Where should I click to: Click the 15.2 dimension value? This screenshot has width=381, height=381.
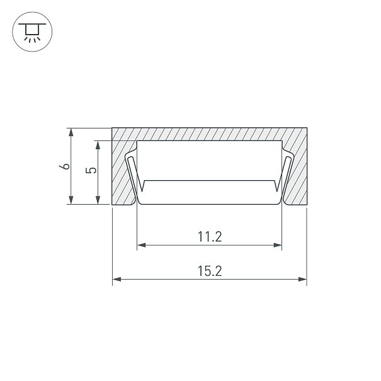click(210, 271)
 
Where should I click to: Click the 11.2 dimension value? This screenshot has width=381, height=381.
click(210, 237)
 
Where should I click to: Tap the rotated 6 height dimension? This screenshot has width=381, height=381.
click(65, 166)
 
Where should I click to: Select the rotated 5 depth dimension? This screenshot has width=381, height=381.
click(91, 170)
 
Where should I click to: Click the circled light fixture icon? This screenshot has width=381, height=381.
click(32, 31)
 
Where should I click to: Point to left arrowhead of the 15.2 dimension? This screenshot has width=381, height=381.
click(117, 279)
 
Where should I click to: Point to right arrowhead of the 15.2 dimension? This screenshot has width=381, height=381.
click(302, 279)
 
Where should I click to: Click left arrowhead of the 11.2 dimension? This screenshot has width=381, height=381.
click(142, 245)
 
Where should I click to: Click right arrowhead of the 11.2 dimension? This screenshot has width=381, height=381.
click(278, 245)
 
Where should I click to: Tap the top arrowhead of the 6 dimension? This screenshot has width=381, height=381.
click(71, 132)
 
